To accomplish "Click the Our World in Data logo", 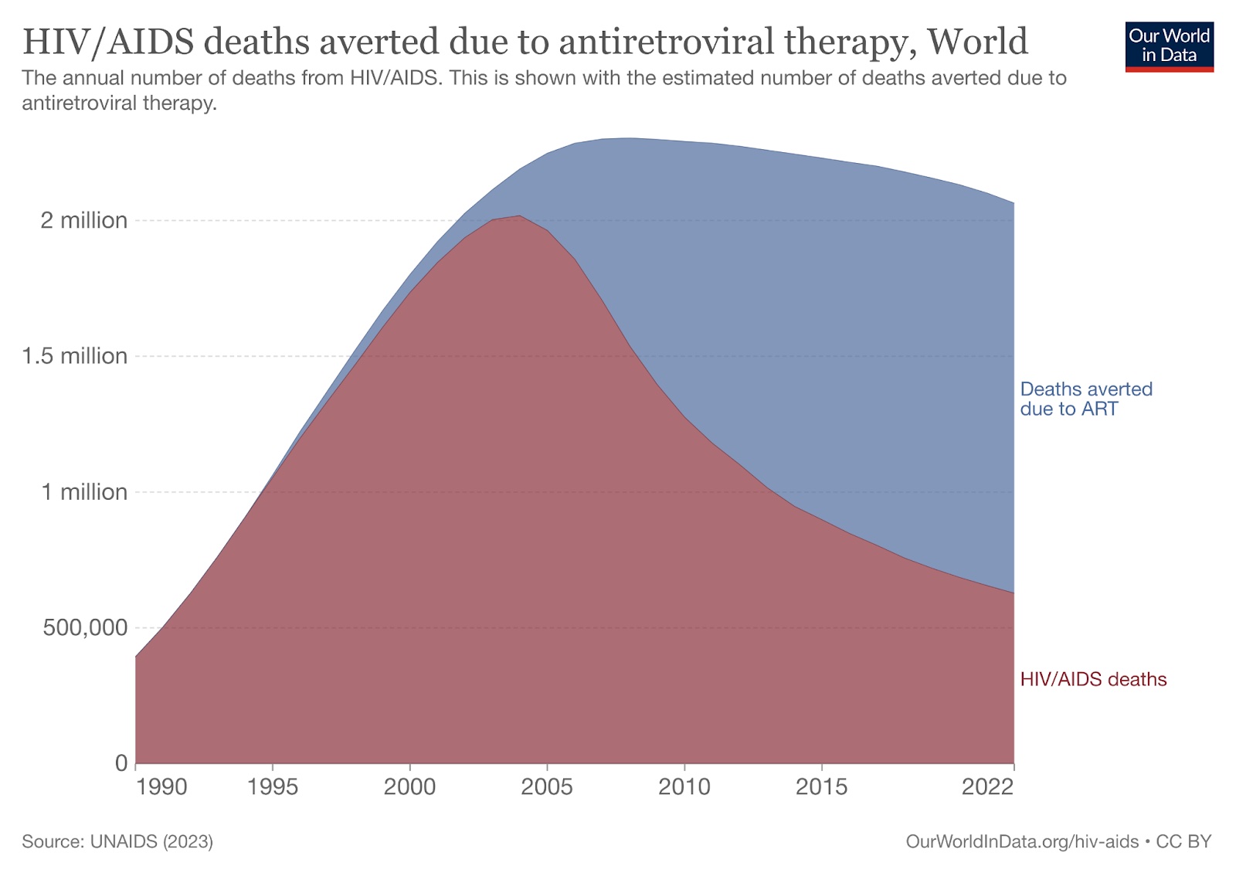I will (1169, 46).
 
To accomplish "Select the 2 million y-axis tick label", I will (83, 221).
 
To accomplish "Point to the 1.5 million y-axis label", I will (74, 356).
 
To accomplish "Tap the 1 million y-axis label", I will (83, 492).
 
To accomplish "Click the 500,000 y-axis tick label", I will (85, 627).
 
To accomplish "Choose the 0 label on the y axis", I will (121, 763).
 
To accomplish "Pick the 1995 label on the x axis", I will (273, 787).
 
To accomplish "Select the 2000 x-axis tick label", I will (409, 787).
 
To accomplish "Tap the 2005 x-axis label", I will (547, 787).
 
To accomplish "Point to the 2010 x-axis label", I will (684, 787).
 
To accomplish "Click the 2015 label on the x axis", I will (821, 787).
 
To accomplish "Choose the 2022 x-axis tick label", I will (987, 787).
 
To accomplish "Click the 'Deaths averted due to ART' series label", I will (1085, 399).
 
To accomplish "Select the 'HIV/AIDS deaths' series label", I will (1093, 679).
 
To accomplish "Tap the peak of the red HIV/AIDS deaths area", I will (519, 216).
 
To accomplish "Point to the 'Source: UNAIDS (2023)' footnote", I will (117, 841).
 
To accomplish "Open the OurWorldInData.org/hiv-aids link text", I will (1021, 841).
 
